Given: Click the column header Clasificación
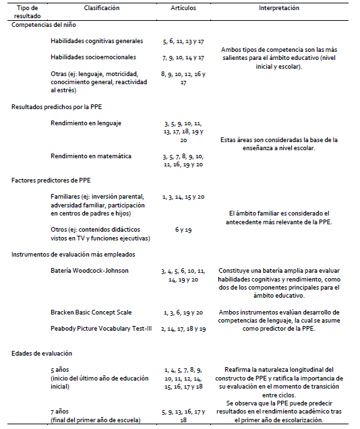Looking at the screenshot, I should pos(101,8).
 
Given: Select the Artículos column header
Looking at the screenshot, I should pos(184,8).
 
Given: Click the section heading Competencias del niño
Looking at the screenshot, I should pos(42,24).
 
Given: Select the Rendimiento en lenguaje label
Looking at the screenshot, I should pos(86,123).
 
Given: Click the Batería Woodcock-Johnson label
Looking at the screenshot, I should pos(89,270).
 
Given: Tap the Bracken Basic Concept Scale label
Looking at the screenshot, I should pos(91,312).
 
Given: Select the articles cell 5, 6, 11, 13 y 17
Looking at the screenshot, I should pos(184,41).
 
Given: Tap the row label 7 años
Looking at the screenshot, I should pos(61,409).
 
